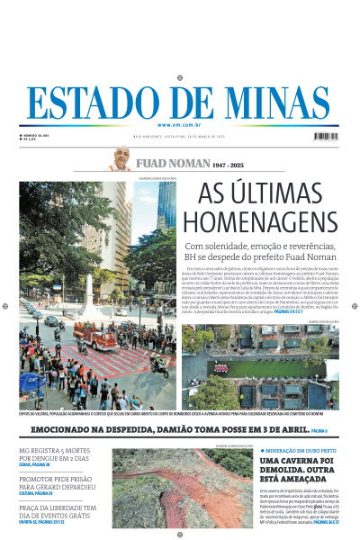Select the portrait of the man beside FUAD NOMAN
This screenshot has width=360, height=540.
120,159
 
